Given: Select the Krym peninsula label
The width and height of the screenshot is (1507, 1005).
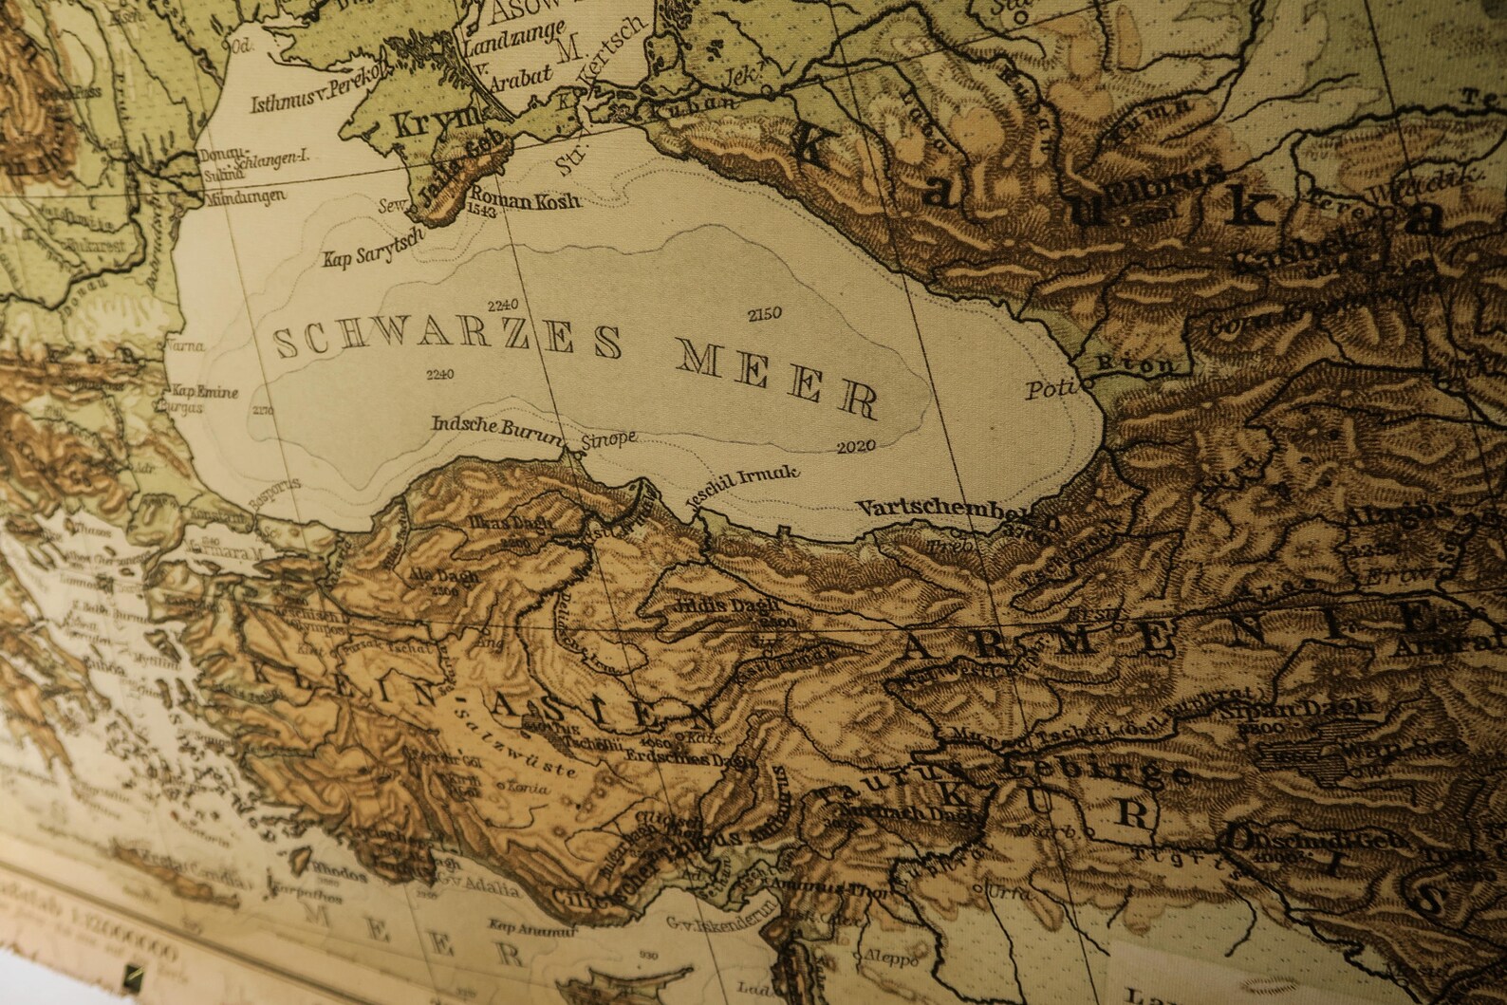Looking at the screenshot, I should (423, 122).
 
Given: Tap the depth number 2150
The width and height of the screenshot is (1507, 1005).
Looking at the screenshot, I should (764, 312).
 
